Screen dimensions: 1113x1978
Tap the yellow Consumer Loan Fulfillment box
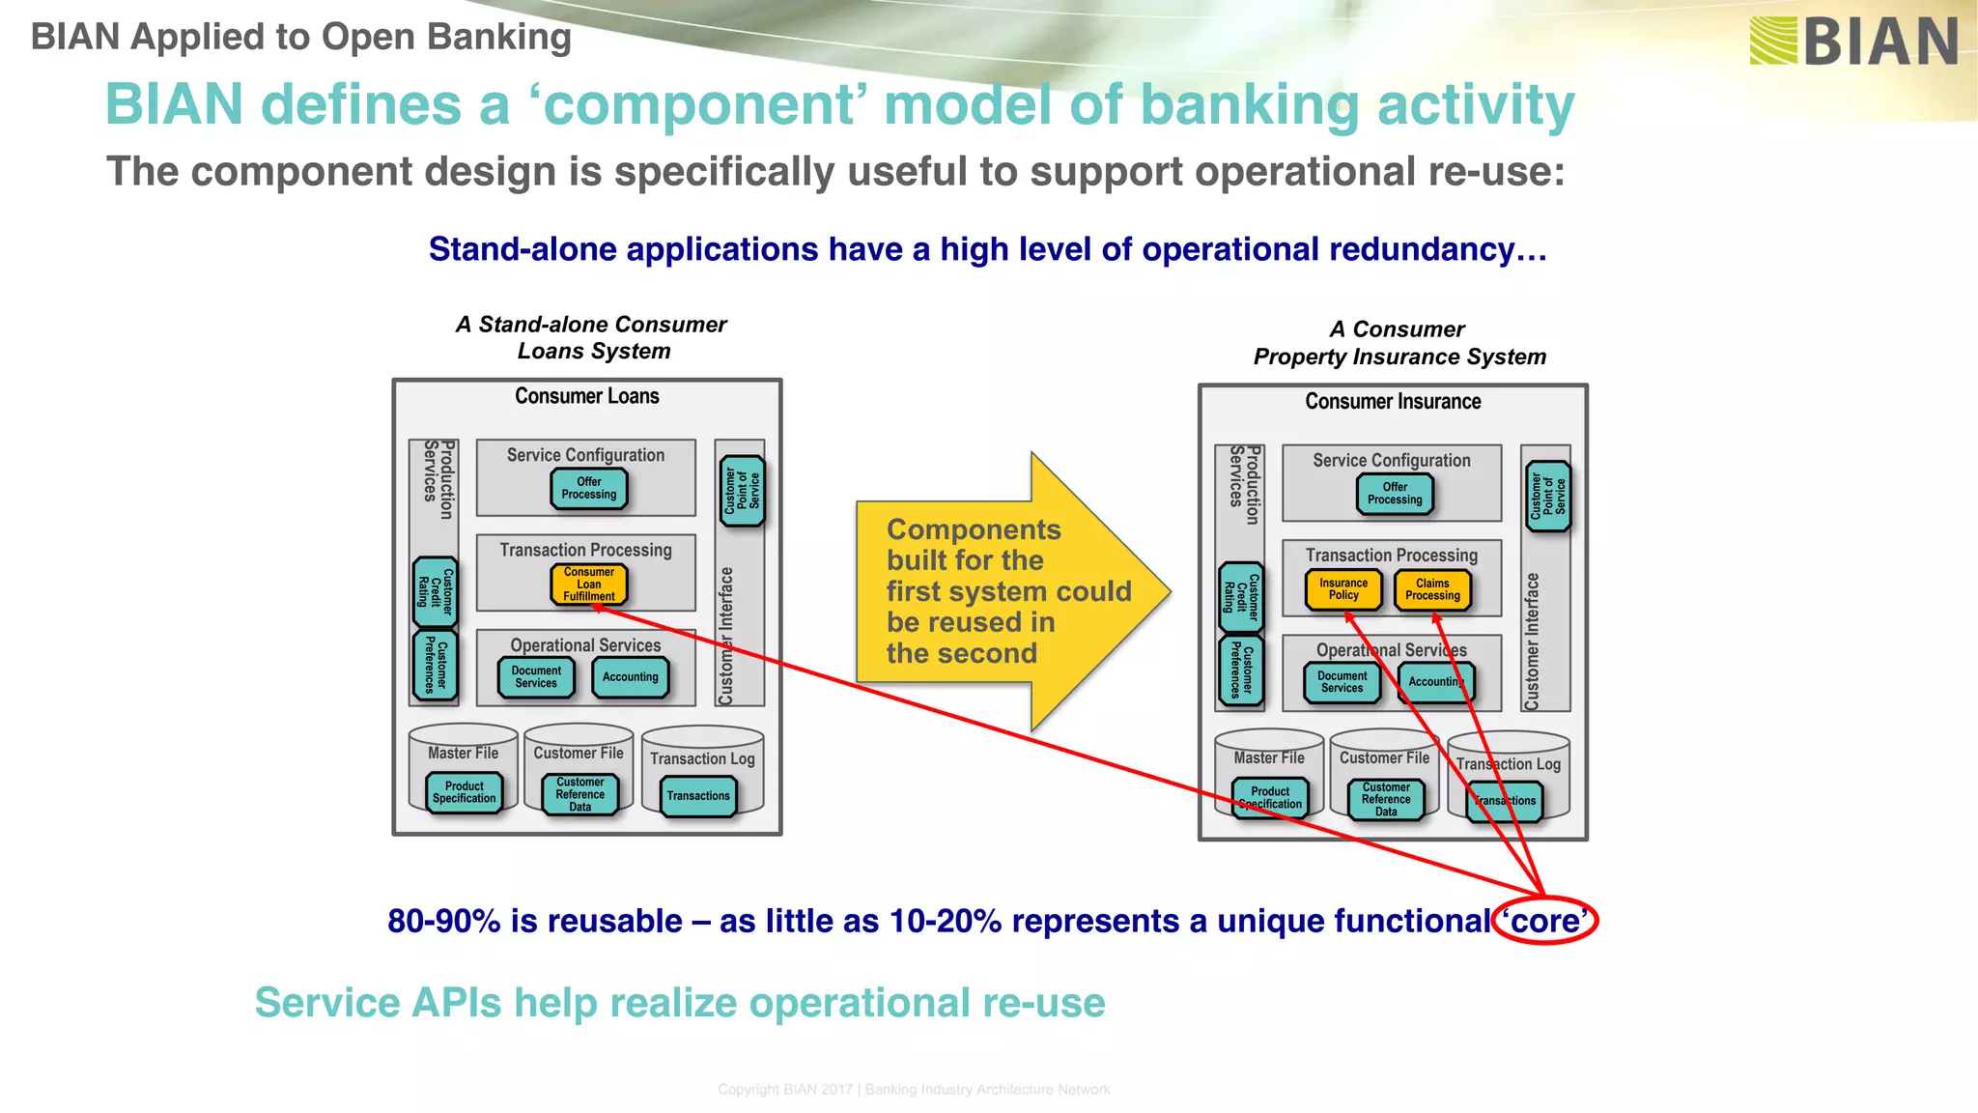pos(588,585)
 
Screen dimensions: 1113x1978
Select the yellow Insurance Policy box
pos(1342,589)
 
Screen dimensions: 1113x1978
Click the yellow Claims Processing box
pos(1432,589)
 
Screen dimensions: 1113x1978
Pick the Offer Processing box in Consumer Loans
pos(588,488)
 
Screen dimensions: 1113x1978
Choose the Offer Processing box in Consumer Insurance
pos(1395,494)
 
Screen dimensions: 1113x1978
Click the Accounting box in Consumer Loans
pos(630,677)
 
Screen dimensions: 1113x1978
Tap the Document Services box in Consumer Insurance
pos(1342,682)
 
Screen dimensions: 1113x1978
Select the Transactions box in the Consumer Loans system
pos(698,796)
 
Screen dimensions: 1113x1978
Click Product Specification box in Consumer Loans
pos(464,792)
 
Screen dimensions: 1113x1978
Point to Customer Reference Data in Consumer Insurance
pos(1386,799)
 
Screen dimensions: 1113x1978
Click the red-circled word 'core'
pos(1544,921)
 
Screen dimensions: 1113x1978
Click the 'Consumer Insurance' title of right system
pos(1393,402)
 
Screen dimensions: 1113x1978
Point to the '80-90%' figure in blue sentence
pos(443,921)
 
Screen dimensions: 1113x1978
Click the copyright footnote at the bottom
pos(914,1090)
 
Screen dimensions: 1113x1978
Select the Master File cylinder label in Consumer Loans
pos(464,753)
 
